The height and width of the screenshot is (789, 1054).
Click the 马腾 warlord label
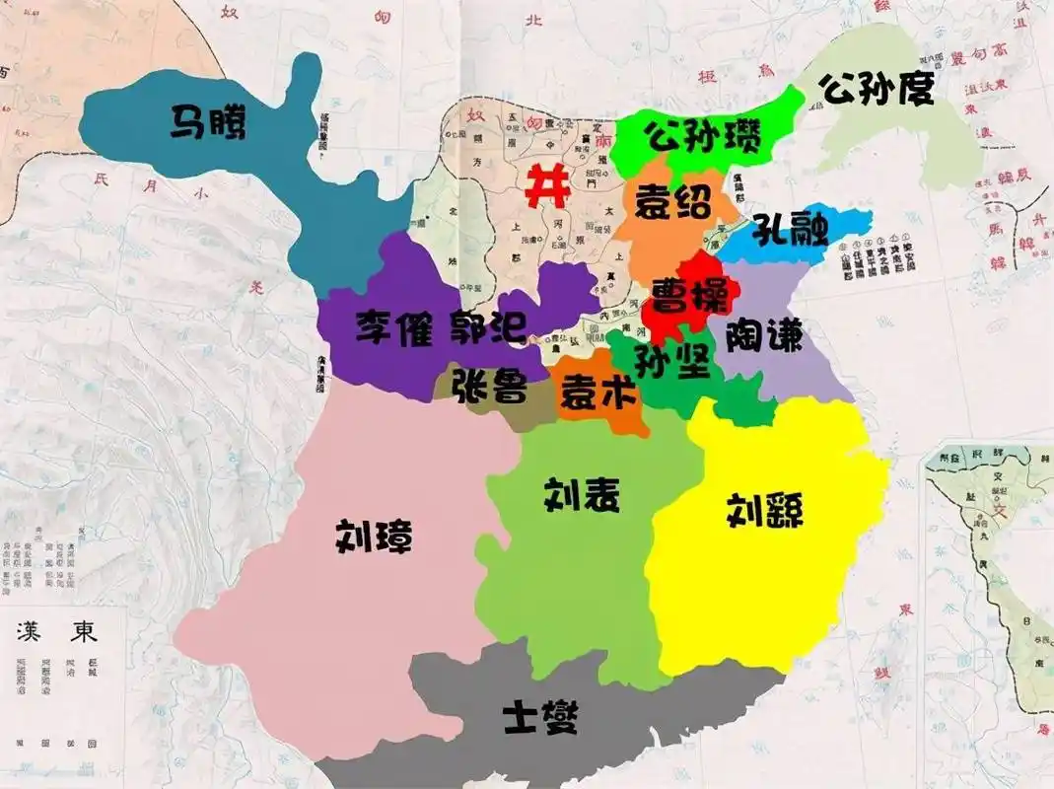pyautogui.click(x=209, y=123)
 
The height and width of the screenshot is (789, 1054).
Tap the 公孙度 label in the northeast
pyautogui.click(x=877, y=92)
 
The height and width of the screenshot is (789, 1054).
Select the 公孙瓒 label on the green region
pyautogui.click(x=703, y=136)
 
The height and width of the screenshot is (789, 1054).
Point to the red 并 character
pyautogui.click(x=545, y=184)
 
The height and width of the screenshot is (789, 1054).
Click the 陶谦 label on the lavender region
pyautogui.click(x=764, y=338)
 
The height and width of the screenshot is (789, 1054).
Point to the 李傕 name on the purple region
pyautogui.click(x=394, y=327)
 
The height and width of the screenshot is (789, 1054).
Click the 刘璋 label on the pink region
pyautogui.click(x=374, y=537)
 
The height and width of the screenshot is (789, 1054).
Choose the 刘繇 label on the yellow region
pyautogui.click(x=765, y=510)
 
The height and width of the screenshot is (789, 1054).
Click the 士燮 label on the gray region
pyautogui.click(x=539, y=715)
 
